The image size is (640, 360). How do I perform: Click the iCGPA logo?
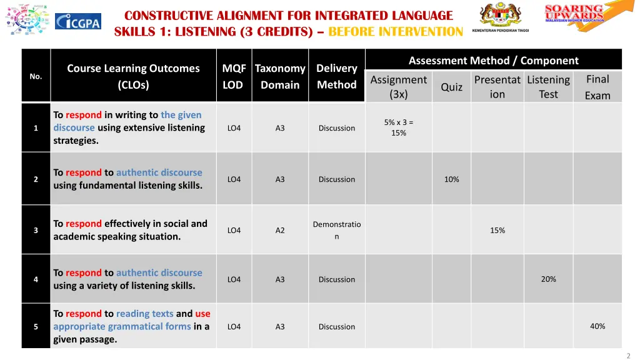pos(78,21)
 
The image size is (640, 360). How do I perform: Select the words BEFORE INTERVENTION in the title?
pos(396,32)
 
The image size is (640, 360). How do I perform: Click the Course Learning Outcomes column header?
pos(133,76)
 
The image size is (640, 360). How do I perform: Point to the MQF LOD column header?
pos(234,76)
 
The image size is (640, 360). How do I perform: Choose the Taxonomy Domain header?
pos(280,76)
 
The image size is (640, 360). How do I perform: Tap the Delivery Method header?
pos(336,76)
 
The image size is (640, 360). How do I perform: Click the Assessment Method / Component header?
pos(493,61)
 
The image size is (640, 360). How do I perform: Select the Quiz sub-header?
pos(451,87)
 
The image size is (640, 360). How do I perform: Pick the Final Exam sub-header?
pos(597,87)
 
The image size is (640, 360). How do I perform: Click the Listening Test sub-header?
pos(548,87)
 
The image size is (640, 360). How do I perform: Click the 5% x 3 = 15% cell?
pos(399,127)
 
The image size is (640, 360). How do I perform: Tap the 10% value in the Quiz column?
pos(451,179)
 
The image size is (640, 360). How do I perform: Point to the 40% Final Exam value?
pos(597,326)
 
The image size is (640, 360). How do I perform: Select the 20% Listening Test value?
pos(548,279)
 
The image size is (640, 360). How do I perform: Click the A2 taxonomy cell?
pos(280,231)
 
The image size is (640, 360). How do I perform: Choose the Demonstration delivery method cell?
pos(336,230)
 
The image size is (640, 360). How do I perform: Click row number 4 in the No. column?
pos(36,279)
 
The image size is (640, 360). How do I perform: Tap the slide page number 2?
pos(628,356)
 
